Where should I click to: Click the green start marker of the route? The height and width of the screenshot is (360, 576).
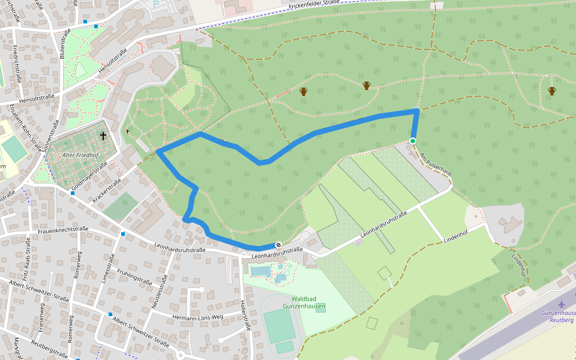[x=413, y=141]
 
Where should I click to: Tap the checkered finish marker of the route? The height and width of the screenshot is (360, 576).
[x=278, y=245]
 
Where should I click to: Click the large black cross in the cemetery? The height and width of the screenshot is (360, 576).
[x=103, y=136]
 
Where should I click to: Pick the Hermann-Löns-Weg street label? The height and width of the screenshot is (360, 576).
[x=197, y=317]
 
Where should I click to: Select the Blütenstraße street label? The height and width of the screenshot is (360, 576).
[x=64, y=43]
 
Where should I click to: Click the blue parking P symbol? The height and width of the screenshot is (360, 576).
[x=156, y=4]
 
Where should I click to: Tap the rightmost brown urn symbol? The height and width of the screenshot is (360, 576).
[x=551, y=91]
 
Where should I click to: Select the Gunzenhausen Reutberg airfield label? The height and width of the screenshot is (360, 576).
[x=559, y=316]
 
